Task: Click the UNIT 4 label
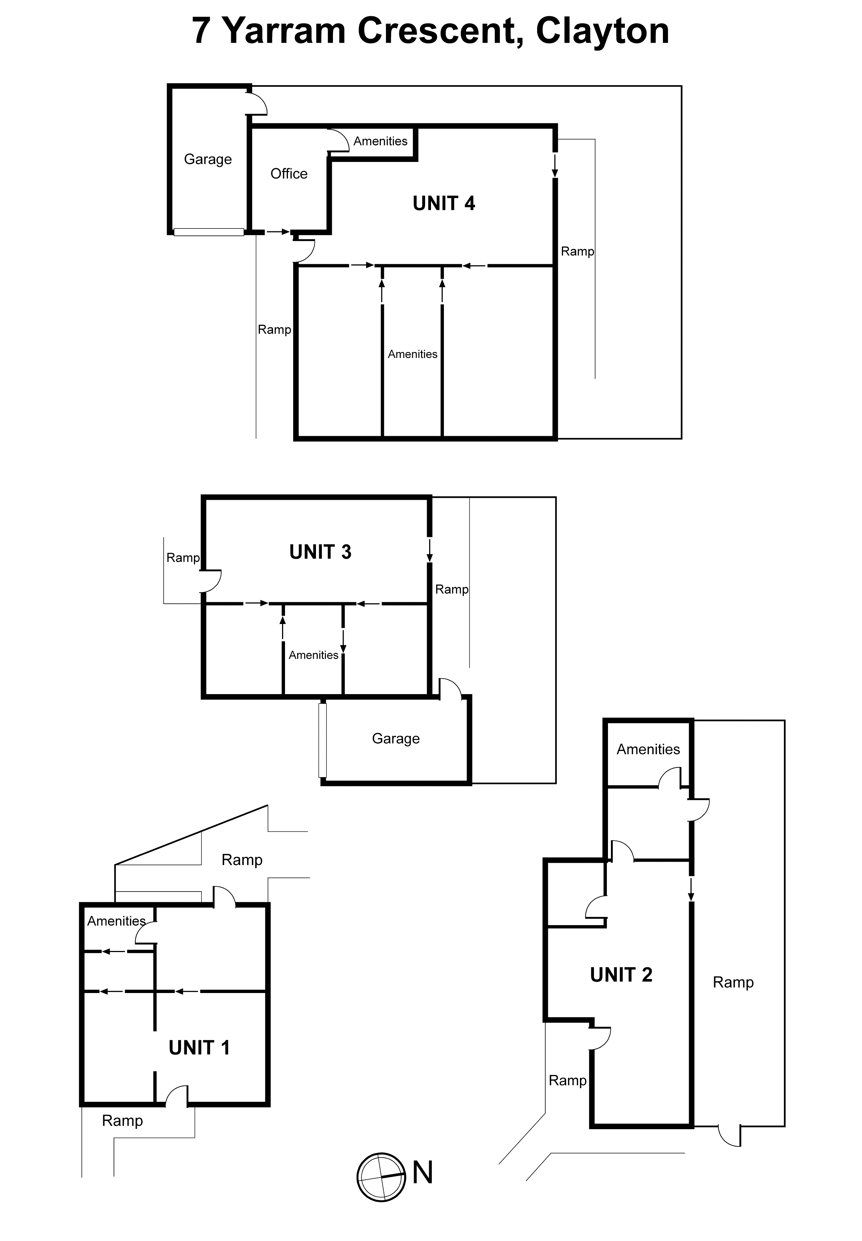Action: coord(444,203)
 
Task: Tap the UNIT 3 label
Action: coord(320,552)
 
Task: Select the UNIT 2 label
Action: coord(621,975)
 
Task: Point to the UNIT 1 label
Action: coord(199,1048)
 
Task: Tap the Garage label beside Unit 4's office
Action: coord(208,159)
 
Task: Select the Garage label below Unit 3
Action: coord(396,738)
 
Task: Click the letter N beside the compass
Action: coord(423,1172)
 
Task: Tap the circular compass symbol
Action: coord(381,1177)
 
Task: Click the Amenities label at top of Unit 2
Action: coord(648,749)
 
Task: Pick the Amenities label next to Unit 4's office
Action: coord(380,141)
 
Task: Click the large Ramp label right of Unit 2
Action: coord(733,982)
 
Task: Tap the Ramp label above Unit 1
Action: coord(242,859)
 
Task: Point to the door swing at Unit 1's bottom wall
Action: coord(177,1095)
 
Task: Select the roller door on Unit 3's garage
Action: coord(323,740)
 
